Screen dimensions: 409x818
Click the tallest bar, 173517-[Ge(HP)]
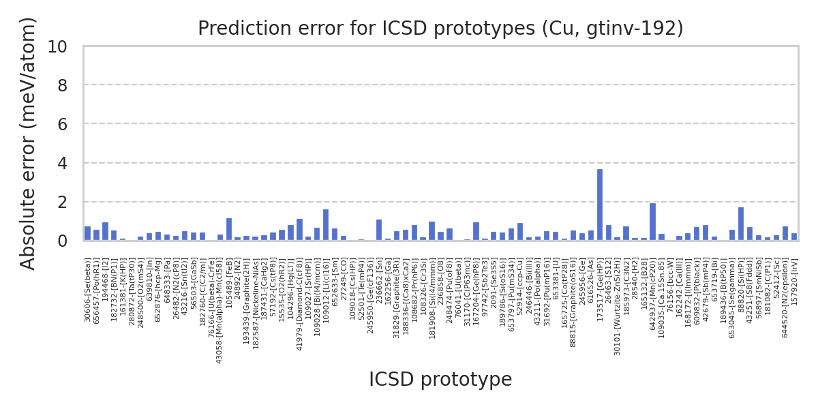(600, 204)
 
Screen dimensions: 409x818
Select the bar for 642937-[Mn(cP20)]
(652, 222)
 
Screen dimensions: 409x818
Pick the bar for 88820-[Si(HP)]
(741, 224)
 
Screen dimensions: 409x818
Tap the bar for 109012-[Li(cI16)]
(326, 225)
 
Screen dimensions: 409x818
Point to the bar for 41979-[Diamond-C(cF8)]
(299, 230)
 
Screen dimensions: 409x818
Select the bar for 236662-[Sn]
(379, 230)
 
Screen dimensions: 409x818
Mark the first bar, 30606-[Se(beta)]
(87, 234)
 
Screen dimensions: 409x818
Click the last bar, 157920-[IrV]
(794, 237)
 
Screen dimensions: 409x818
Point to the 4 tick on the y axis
(62, 164)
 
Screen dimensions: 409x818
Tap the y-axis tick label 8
(62, 85)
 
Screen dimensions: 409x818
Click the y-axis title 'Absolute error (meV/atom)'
(28, 143)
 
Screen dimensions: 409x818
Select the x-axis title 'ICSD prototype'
(440, 380)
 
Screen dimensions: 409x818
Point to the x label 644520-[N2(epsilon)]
(785, 298)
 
